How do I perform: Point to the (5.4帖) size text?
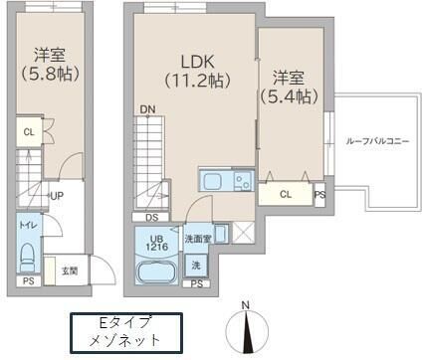[x=289, y=95]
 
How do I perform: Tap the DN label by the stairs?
[x=147, y=108]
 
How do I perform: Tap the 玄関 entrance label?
[x=70, y=270]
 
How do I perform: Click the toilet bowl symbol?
[x=28, y=249]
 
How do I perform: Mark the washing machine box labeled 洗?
[x=195, y=267]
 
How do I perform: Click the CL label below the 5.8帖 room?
[x=29, y=131]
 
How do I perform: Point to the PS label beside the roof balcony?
[x=319, y=196]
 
